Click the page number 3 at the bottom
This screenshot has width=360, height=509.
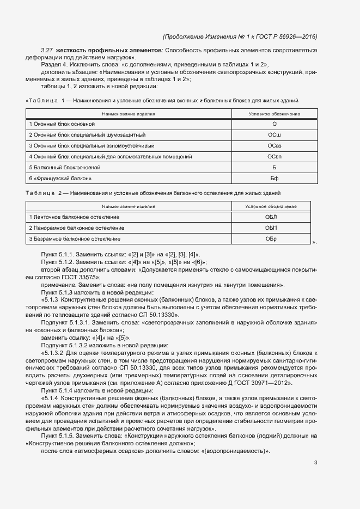(x=316, y=463)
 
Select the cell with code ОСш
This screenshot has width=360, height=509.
(x=274, y=135)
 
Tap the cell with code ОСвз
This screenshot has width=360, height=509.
(x=274, y=146)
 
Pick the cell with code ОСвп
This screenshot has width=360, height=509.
(x=274, y=157)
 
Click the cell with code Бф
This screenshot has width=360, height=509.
(x=274, y=179)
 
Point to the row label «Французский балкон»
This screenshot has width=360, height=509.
(x=60, y=179)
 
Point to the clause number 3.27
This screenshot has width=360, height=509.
(x=46, y=51)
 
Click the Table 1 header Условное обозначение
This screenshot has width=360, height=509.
(x=274, y=114)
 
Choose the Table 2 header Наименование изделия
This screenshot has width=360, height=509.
(x=129, y=206)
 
